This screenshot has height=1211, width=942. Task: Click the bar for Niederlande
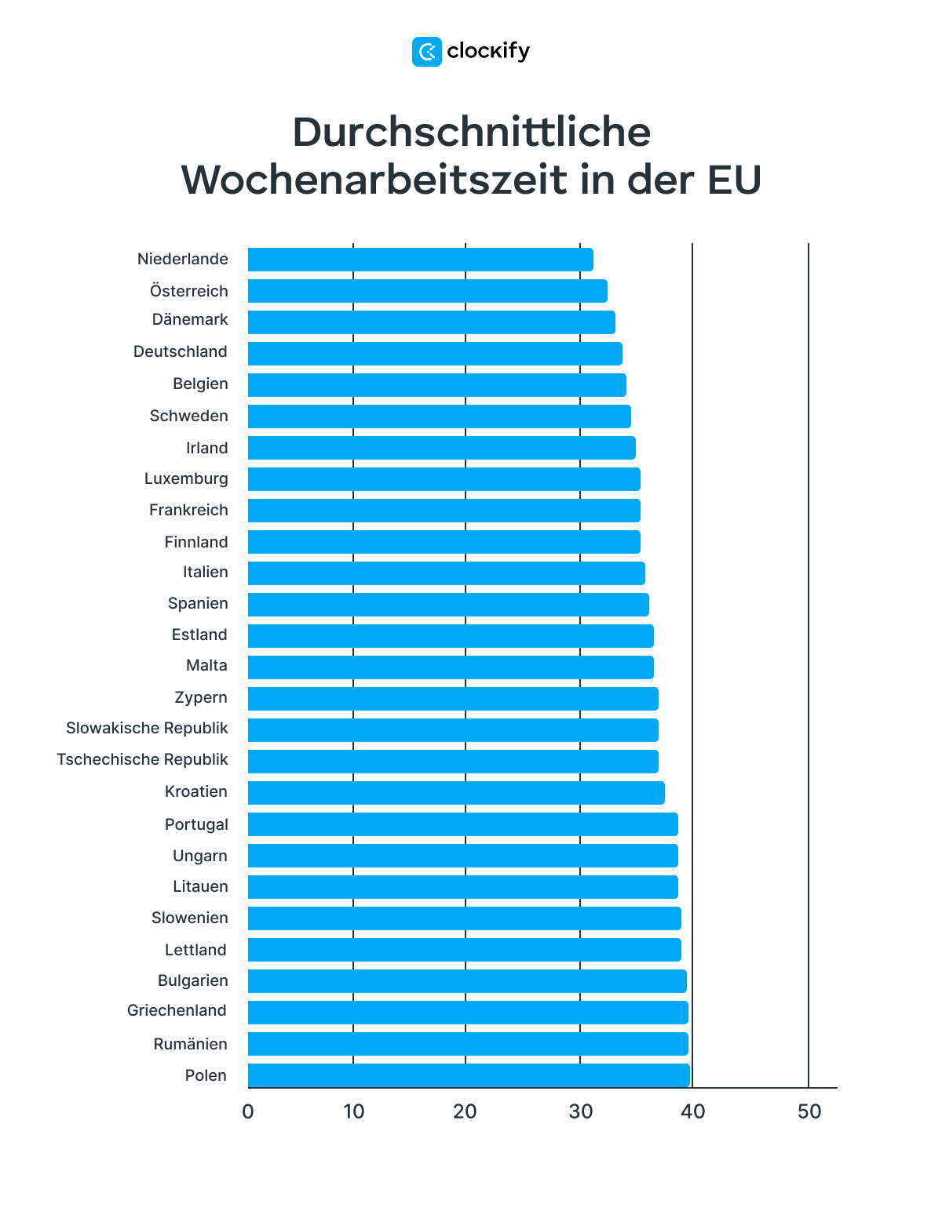pos(420,260)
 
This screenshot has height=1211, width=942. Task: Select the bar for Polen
pos(469,1075)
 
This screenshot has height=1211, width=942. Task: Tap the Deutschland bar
pos(435,354)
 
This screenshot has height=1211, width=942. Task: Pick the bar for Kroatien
pos(456,793)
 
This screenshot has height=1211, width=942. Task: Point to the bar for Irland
pos(441,448)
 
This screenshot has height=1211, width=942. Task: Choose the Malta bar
pos(451,667)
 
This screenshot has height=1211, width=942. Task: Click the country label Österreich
pos(189,291)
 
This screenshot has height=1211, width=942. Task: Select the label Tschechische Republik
pos(142,759)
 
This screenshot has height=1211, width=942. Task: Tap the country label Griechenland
pos(177,1010)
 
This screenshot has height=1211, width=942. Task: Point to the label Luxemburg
pos(186,478)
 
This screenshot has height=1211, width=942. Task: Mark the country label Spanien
pos(198,603)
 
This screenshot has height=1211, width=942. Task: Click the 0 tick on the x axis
pos(248,1111)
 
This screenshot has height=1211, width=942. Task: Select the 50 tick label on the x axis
pos(809,1111)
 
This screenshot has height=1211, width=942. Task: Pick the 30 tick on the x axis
pos(580,1111)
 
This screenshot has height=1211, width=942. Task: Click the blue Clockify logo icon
pos(427,52)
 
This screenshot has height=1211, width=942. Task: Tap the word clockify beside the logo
pos(488,52)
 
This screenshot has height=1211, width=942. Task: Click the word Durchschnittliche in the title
pos(471,132)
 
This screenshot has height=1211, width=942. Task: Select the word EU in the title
pos(734,180)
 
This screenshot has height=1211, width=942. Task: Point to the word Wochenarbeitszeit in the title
pos(374,180)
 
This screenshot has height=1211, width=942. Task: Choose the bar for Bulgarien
pos(467,981)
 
